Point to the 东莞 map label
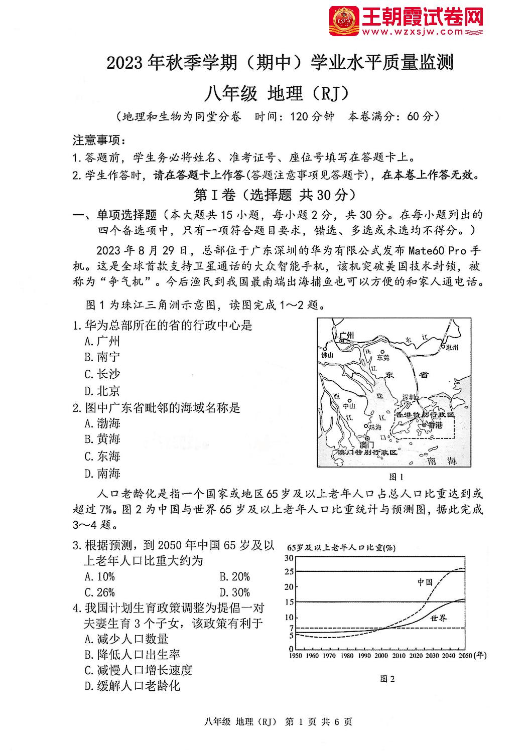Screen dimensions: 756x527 (382, 357)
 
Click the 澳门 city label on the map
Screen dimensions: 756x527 (367, 444)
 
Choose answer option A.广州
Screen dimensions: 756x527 (102, 342)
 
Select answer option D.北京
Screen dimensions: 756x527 (102, 390)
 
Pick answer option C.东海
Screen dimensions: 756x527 (102, 456)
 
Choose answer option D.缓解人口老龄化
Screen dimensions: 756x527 (132, 685)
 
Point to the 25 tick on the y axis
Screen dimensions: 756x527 (289, 571)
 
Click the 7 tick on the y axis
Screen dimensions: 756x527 (291, 628)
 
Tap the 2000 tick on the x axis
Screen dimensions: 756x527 (381, 656)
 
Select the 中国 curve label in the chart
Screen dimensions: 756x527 (425, 582)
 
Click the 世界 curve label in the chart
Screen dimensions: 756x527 (438, 618)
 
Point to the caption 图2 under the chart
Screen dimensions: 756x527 (387, 679)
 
